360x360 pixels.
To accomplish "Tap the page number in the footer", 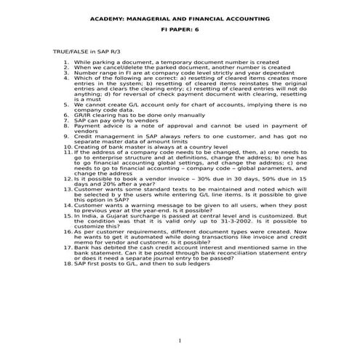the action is click(180, 341).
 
